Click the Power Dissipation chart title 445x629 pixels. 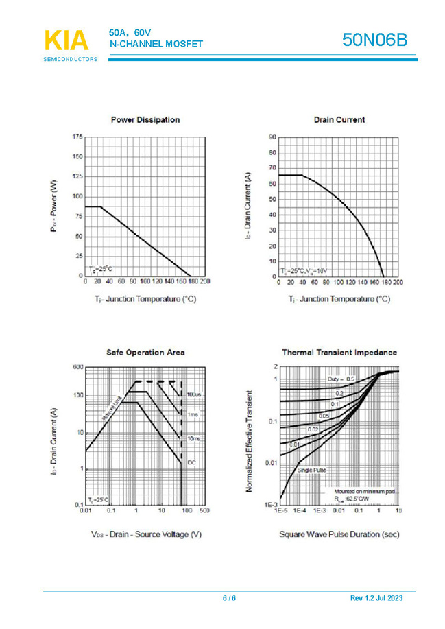[x=145, y=119]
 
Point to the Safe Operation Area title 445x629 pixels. [x=145, y=352]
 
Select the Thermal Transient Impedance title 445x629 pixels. [x=339, y=352]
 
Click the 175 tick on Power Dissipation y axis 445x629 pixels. [x=77, y=137]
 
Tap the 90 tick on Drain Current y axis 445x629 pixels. [x=272, y=137]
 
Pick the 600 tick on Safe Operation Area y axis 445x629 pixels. [x=77, y=368]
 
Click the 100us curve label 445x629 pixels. [x=193, y=395]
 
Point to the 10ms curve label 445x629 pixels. [x=193, y=438]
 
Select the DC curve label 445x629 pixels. [x=191, y=463]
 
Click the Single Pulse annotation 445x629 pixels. [x=312, y=470]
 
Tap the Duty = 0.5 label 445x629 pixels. [x=341, y=379]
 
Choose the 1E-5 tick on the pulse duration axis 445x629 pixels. [x=280, y=511]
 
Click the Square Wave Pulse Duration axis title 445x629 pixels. [x=339, y=534]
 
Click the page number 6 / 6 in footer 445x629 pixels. [x=229, y=598]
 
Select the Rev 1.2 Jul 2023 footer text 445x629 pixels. [x=376, y=598]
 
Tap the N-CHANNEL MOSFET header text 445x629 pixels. [x=156, y=44]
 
